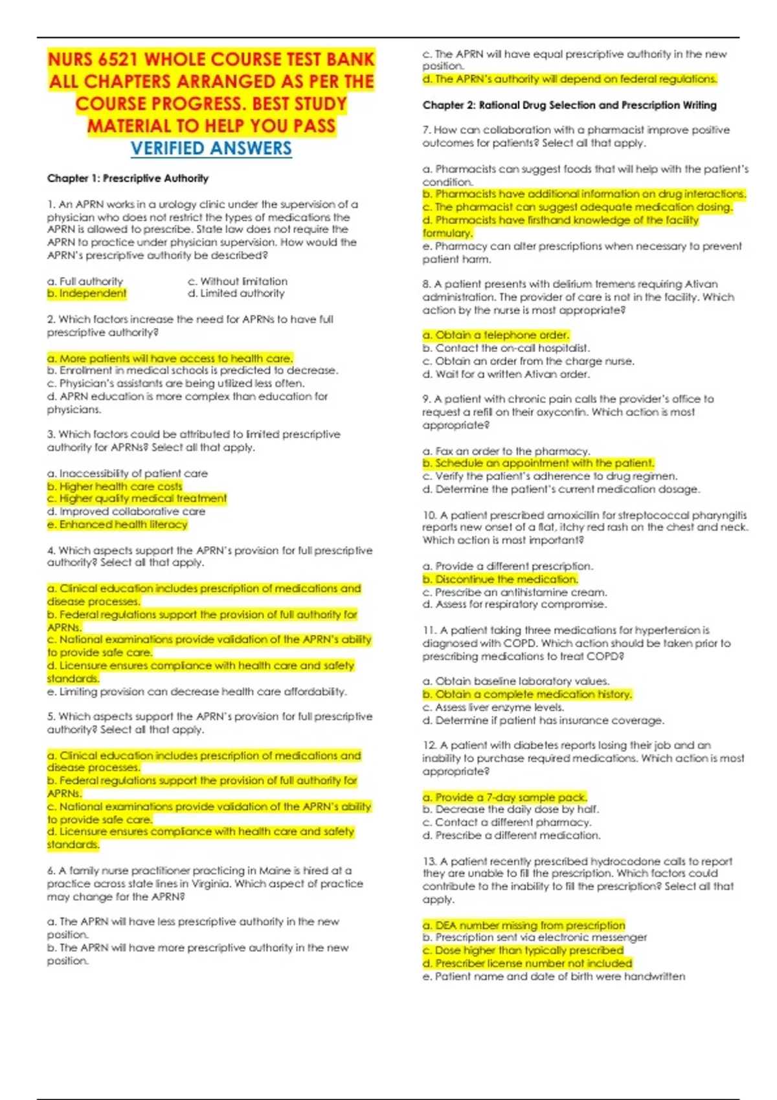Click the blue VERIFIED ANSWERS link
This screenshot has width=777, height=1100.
point(211,148)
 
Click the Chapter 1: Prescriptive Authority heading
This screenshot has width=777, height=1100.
point(128,178)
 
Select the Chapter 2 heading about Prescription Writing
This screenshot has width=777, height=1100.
point(569,105)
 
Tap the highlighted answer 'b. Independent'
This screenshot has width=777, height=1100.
point(87,293)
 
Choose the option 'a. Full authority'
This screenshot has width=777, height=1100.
point(85,281)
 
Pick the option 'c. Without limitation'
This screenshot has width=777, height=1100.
point(237,281)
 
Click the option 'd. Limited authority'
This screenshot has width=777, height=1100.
point(236,293)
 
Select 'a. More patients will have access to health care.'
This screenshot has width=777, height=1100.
point(170,358)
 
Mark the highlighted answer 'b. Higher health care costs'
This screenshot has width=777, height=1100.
point(115,486)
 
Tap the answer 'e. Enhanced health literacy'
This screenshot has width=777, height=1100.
point(117,524)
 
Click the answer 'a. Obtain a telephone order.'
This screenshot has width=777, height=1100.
point(495,335)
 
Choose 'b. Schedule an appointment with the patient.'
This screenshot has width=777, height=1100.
point(538,463)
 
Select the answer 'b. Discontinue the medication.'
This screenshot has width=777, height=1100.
point(500,579)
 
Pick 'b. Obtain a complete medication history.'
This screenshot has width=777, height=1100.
point(527,694)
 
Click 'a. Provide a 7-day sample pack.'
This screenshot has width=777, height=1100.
point(504,797)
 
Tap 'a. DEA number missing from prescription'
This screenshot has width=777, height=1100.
point(524,925)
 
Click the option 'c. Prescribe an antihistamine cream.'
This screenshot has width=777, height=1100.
point(514,592)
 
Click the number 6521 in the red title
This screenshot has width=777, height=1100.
point(118,60)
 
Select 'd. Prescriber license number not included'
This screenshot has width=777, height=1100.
point(527,963)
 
